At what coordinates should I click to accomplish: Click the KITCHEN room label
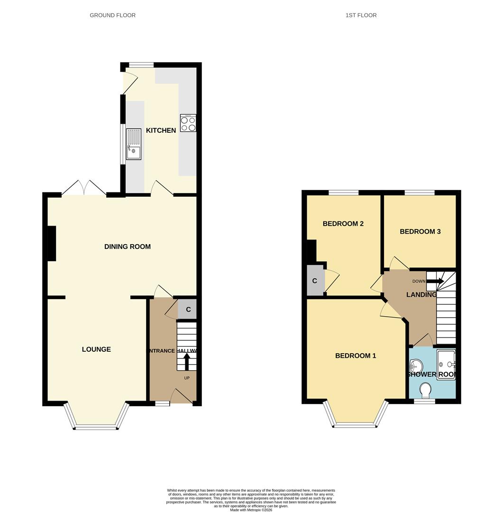tap(161, 130)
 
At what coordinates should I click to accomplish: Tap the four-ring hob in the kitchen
tap(188, 123)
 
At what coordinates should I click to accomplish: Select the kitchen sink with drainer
tap(133, 145)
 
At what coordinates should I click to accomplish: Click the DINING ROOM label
tap(128, 247)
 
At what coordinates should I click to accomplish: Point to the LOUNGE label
tap(96, 349)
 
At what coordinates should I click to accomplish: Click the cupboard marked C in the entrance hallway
tap(188, 310)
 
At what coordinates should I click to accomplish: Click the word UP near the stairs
tap(187, 378)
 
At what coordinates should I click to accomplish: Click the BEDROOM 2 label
tap(343, 224)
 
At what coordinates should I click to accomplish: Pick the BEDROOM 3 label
tap(420, 231)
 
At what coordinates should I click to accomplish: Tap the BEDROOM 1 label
tap(356, 356)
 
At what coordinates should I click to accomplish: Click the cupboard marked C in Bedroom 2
tap(314, 281)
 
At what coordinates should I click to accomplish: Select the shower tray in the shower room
tap(446, 365)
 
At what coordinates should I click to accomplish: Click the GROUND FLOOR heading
tap(112, 15)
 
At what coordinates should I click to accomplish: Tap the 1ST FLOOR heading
tap(361, 15)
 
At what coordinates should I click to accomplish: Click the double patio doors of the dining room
tap(84, 188)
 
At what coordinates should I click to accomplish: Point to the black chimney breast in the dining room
tap(51, 243)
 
